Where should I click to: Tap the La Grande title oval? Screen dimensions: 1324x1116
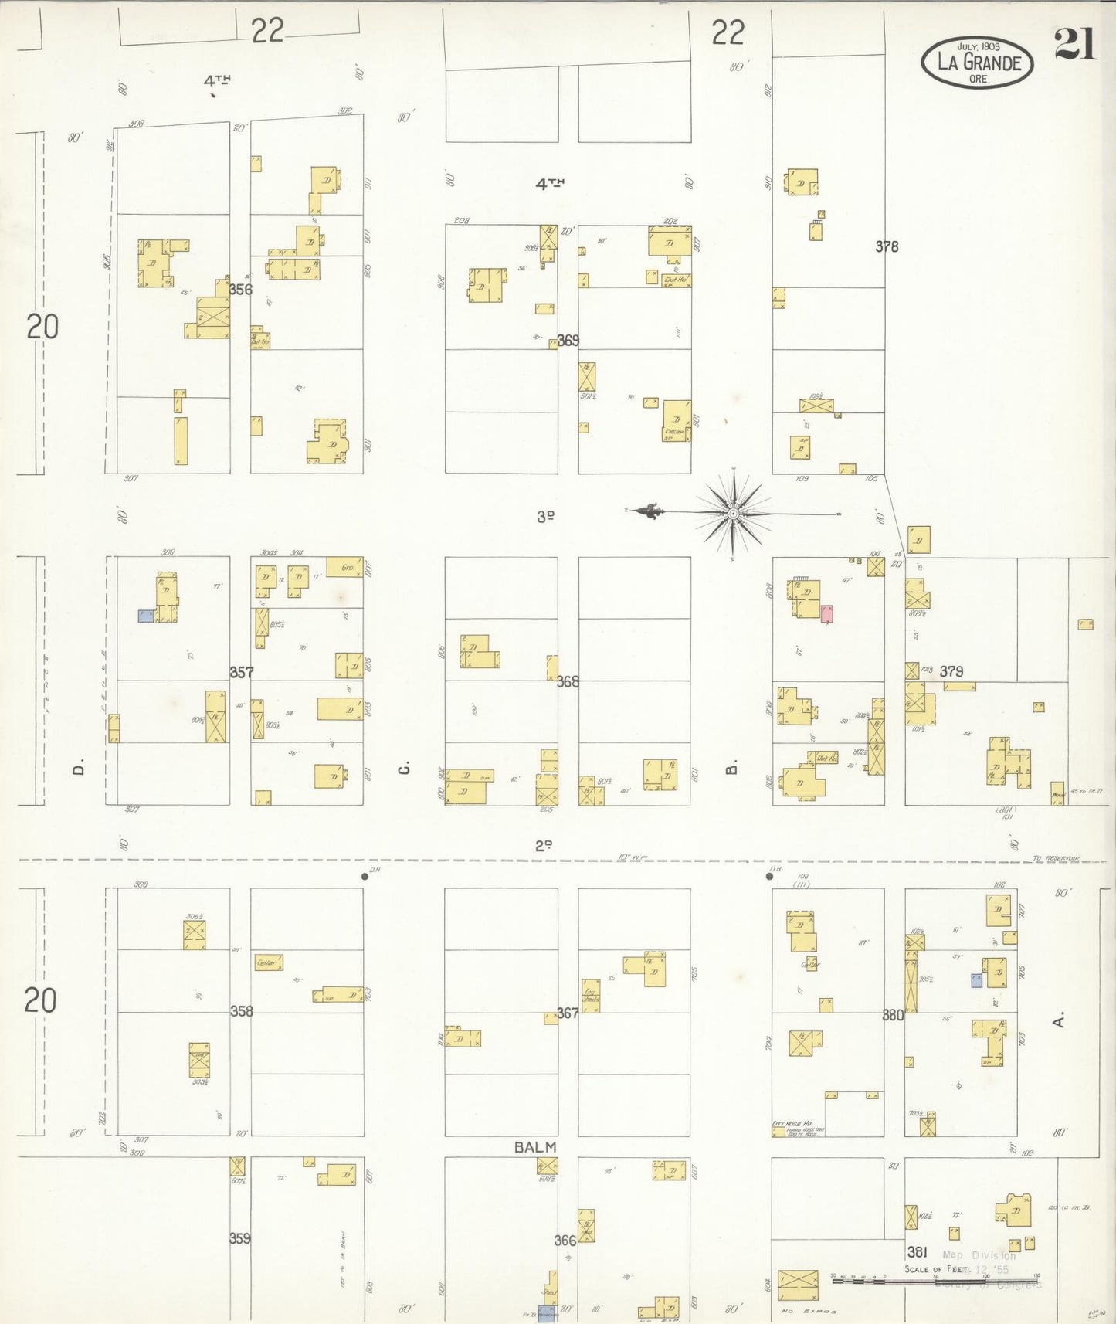pyautogui.click(x=977, y=62)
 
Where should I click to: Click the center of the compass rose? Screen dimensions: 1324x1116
pyautogui.click(x=733, y=513)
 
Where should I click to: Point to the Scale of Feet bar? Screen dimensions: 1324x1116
pyautogui.click(x=935, y=1280)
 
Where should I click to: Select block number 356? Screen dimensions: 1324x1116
pyautogui.click(x=240, y=290)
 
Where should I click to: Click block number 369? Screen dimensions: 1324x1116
pyautogui.click(x=568, y=340)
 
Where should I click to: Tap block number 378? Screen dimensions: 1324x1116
pyautogui.click(x=887, y=246)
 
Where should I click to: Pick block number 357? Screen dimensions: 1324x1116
pyautogui.click(x=241, y=672)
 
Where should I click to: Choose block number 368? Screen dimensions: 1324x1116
pyautogui.click(x=568, y=681)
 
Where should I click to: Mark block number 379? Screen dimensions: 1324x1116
pyautogui.click(x=951, y=671)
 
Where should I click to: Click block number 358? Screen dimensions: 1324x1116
pyautogui.click(x=241, y=1010)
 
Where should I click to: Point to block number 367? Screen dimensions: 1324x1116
pyautogui.click(x=568, y=1013)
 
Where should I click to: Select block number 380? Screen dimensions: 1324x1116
pyautogui.click(x=893, y=1015)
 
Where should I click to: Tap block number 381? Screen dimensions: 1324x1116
pyautogui.click(x=917, y=1251)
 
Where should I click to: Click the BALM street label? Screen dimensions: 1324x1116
pyautogui.click(x=535, y=1147)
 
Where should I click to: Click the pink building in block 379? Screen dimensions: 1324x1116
pyautogui.click(x=826, y=614)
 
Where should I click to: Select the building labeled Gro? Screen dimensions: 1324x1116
pyautogui.click(x=344, y=568)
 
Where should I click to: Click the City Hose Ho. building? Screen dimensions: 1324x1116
pyautogui.click(x=778, y=1131)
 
